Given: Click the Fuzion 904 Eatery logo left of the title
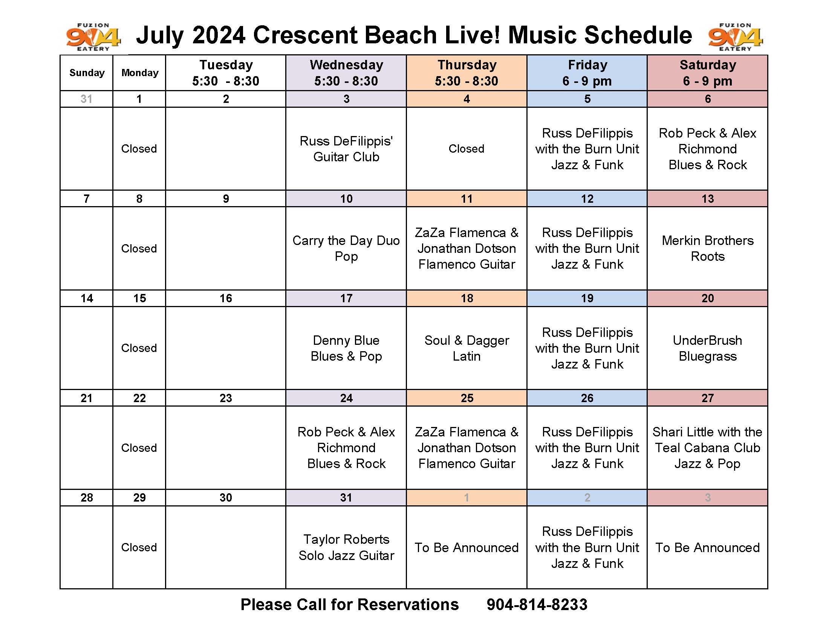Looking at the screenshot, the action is (93, 37).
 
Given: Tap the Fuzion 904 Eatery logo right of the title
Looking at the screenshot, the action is (735, 37).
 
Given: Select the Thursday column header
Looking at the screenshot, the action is (467, 73).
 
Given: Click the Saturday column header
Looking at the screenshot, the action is (708, 73).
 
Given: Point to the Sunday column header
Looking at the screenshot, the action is (87, 73).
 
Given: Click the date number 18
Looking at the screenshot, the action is (467, 298).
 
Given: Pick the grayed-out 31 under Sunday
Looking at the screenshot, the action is (87, 99).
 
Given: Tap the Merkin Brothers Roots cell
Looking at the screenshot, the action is (708, 248).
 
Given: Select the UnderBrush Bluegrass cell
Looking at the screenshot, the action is (708, 348).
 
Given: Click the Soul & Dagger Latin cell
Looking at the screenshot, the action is (467, 348).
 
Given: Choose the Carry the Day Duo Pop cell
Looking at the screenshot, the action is (346, 248).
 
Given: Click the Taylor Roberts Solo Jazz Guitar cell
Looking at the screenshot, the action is (346, 547).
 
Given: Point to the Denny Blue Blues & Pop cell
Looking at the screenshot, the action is (346, 348).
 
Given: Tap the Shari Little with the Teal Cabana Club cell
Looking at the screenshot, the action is (708, 448).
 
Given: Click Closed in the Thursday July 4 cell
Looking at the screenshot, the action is (467, 149).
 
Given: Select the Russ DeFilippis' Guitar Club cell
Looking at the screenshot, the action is (346, 149).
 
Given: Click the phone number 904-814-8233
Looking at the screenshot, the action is (537, 604).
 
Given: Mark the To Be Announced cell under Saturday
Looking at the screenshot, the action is (708, 547).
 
